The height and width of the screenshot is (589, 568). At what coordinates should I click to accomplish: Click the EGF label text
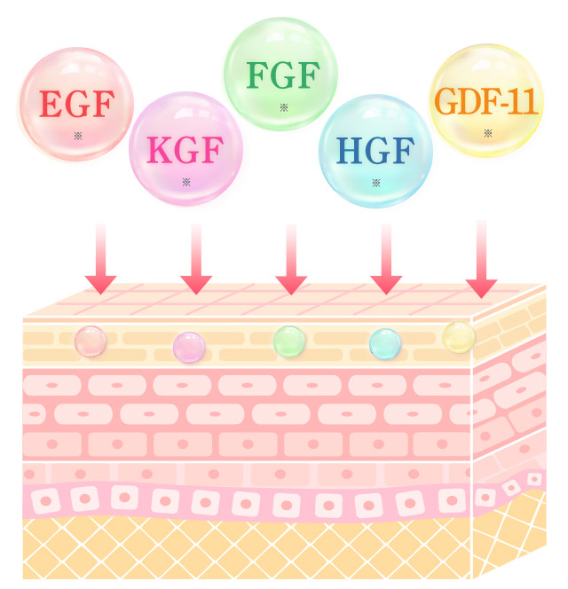[76, 106]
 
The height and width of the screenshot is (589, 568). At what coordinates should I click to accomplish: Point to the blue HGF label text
[375, 151]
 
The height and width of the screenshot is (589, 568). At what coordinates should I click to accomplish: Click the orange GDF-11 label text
[487, 101]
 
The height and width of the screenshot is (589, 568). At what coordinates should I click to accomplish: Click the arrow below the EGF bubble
[100, 259]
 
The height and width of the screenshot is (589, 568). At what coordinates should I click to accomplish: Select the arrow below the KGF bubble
[196, 259]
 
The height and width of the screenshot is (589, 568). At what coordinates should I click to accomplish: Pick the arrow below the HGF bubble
[386, 259]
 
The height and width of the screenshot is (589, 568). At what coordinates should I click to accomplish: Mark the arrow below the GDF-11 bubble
[482, 259]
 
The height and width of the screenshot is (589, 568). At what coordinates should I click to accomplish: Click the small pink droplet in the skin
[90, 341]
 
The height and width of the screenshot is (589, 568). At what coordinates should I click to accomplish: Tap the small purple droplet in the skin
[188, 347]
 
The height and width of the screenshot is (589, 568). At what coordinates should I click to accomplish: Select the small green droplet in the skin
[288, 340]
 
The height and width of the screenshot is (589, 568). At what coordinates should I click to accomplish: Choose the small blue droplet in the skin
[384, 342]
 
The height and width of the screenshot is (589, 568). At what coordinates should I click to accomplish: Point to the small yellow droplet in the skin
[458, 336]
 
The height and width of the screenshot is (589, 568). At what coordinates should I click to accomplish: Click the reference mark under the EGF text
[78, 136]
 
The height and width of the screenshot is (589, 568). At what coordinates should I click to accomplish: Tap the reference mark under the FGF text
[283, 107]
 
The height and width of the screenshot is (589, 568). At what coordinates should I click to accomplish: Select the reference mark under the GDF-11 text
[488, 133]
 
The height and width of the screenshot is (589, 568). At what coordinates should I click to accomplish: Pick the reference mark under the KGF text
[186, 182]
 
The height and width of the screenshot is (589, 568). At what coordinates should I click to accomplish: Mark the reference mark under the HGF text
[376, 182]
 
